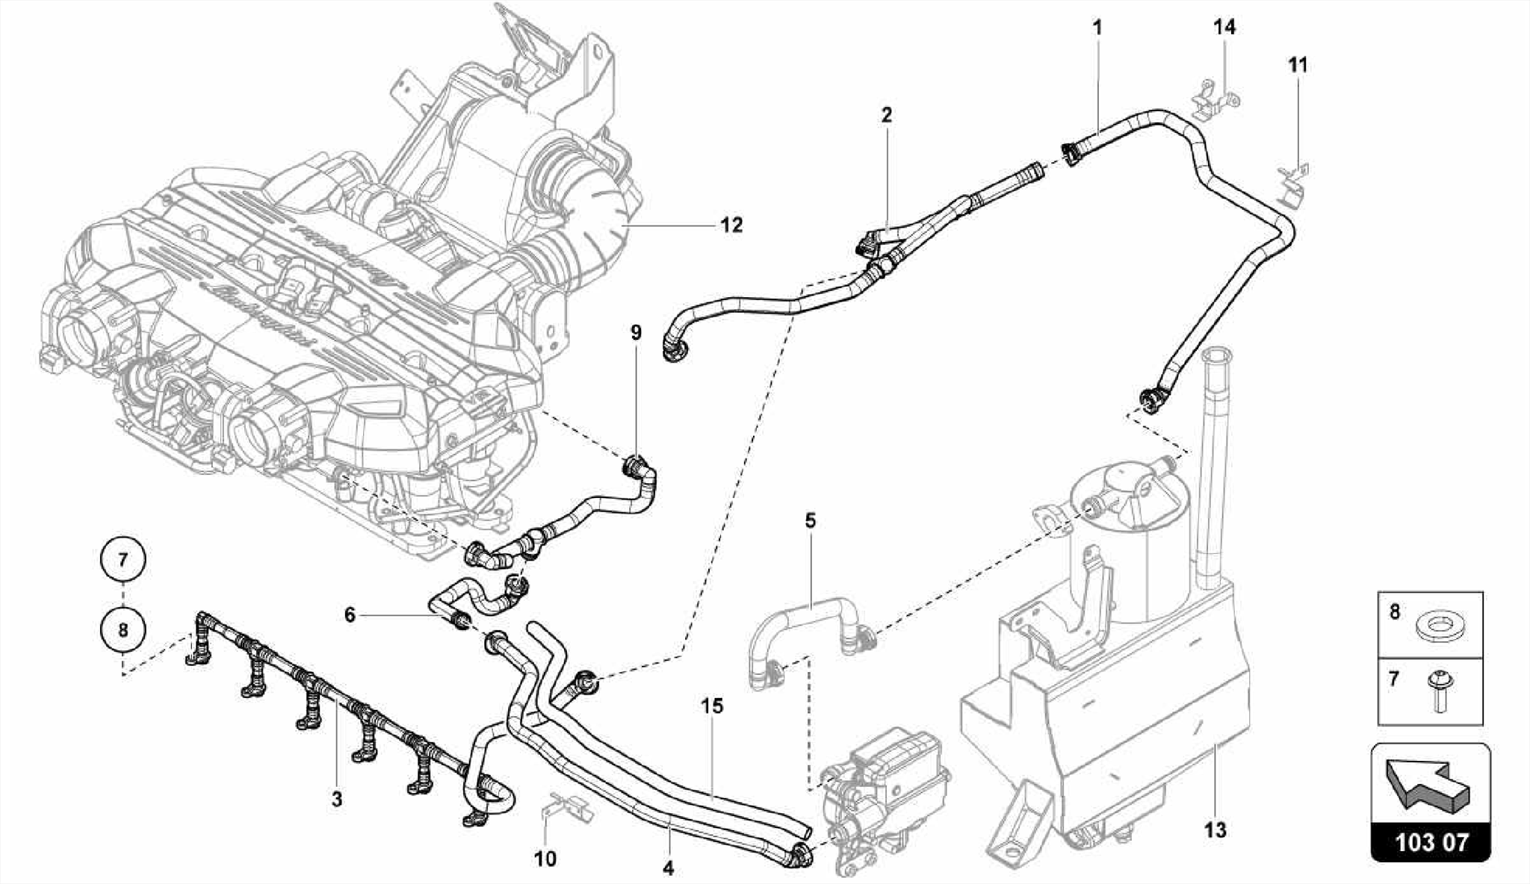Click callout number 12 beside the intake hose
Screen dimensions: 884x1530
click(x=732, y=225)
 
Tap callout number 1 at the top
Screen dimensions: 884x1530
click(x=1097, y=28)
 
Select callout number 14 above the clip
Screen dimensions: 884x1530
click(x=1224, y=28)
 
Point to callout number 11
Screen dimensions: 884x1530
click(x=1298, y=66)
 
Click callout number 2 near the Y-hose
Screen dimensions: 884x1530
click(x=887, y=115)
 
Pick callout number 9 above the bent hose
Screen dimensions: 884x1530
click(x=636, y=332)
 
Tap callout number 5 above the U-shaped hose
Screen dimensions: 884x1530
click(x=811, y=520)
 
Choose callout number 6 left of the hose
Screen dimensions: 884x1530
click(x=350, y=615)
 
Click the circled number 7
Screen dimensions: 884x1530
click(x=123, y=558)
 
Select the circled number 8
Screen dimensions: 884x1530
click(x=123, y=629)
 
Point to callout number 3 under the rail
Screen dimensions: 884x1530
click(x=337, y=799)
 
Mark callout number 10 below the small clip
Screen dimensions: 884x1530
click(x=545, y=859)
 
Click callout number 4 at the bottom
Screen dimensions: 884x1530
click(x=668, y=868)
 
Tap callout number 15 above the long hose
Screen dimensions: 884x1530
click(x=713, y=706)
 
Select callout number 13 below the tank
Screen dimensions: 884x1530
click(x=1215, y=829)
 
